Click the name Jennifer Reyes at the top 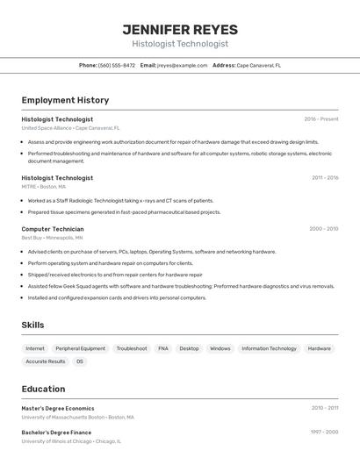click(x=180, y=30)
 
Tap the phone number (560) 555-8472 click(x=117, y=65)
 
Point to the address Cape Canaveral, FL click(x=259, y=65)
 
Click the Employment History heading click(x=65, y=100)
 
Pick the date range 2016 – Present click(x=321, y=119)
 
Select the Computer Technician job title click(x=53, y=229)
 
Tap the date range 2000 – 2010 click(x=323, y=229)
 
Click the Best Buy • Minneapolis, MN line click(x=52, y=238)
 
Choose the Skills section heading click(x=32, y=325)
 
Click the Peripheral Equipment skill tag click(x=80, y=348)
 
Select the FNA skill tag click(x=163, y=348)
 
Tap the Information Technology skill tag click(x=269, y=348)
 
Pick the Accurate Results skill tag click(x=46, y=361)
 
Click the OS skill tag click(x=80, y=361)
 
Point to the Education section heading click(x=43, y=389)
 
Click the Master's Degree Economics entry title click(x=58, y=408)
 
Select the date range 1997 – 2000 click(x=324, y=433)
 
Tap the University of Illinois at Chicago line click(x=71, y=441)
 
